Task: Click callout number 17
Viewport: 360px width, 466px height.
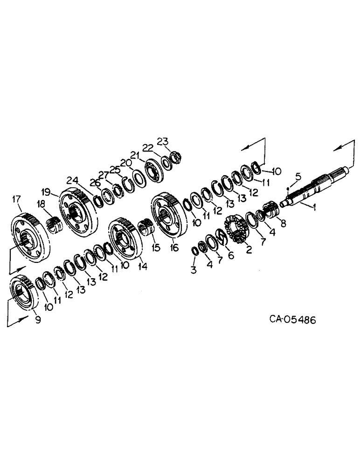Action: coord(17,199)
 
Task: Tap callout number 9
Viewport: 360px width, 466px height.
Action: coord(38,320)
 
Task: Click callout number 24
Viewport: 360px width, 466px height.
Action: coord(72,180)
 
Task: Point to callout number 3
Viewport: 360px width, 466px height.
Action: coord(193,270)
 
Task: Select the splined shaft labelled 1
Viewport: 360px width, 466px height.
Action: coord(308,190)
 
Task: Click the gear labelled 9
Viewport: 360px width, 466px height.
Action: coord(22,293)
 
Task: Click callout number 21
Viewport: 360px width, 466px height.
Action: coord(135,155)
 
